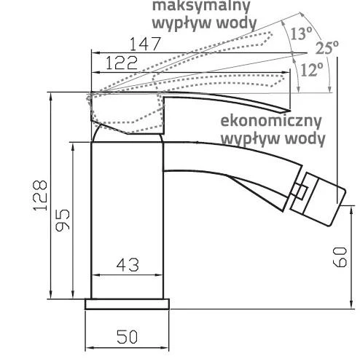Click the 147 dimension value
(x=145, y=44)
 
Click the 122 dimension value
(x=122, y=63)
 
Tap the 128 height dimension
(x=40, y=195)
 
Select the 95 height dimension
(x=63, y=220)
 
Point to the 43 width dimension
(x=128, y=265)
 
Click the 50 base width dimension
(x=127, y=337)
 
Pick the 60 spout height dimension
(x=340, y=257)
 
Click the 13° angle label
(x=301, y=33)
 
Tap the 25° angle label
(x=326, y=47)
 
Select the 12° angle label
(x=312, y=70)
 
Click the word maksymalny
(x=201, y=6)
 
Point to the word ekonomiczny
(x=271, y=121)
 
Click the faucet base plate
(x=127, y=304)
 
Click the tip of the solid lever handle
(x=290, y=111)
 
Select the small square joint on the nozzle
(x=300, y=192)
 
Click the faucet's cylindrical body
(x=127, y=221)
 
